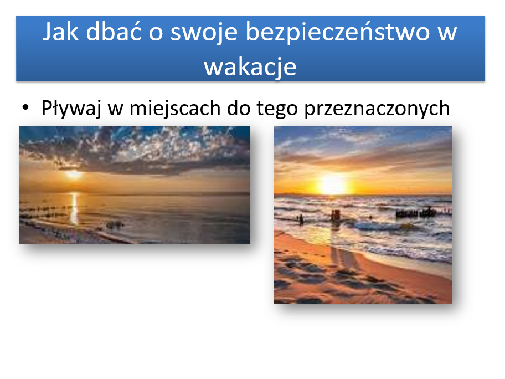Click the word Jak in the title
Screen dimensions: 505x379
pyautogui.click(x=60, y=32)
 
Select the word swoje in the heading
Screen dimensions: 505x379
pyautogui.click(x=204, y=34)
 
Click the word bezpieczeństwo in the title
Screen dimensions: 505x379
pyautogui.click(x=338, y=32)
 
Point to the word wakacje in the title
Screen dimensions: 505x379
pyautogui.click(x=250, y=67)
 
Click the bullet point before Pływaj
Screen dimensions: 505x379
pyautogui.click(x=25, y=107)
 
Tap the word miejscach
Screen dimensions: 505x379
pyautogui.click(x=175, y=108)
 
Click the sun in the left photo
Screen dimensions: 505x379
pyautogui.click(x=74, y=175)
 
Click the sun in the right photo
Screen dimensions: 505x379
pyautogui.click(x=332, y=185)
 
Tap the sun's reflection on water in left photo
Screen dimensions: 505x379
pyautogui.click(x=74, y=208)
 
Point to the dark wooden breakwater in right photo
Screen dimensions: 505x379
pyautogui.click(x=416, y=212)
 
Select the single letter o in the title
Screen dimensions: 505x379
pyautogui.click(x=156, y=34)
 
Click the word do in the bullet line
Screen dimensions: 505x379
pyautogui.click(x=239, y=108)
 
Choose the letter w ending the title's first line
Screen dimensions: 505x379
pyautogui.click(x=447, y=34)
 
